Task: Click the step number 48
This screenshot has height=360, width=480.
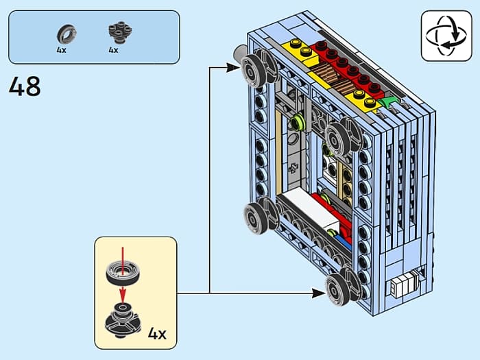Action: (25, 86)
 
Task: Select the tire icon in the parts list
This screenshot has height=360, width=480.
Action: (67, 32)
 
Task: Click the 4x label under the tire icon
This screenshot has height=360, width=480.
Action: (62, 50)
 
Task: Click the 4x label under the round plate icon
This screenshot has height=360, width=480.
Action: (113, 50)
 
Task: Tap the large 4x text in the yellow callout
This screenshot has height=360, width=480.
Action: (157, 335)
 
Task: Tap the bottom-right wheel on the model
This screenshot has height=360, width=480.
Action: (341, 288)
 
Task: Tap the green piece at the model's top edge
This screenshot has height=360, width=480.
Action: (389, 104)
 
